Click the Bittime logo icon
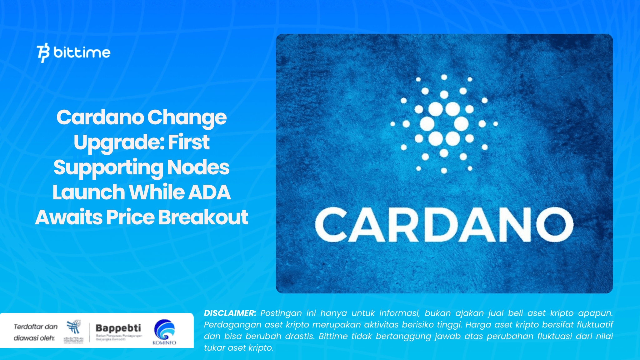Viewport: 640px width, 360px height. [43, 52]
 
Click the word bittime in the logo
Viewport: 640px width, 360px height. [82, 52]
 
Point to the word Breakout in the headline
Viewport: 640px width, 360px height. [203, 217]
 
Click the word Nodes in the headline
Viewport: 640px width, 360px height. [198, 167]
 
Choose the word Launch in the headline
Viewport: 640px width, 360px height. [89, 192]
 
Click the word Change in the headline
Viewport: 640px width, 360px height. [187, 117]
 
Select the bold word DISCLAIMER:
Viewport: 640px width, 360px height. [230, 313]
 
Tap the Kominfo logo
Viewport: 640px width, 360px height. [164, 332]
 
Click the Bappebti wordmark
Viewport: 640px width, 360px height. [118, 328]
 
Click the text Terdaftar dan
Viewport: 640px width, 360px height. [36, 327]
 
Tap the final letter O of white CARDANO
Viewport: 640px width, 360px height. [555, 225]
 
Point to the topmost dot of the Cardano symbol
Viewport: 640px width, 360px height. [444, 77]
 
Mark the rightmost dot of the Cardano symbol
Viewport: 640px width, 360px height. [496, 124]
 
